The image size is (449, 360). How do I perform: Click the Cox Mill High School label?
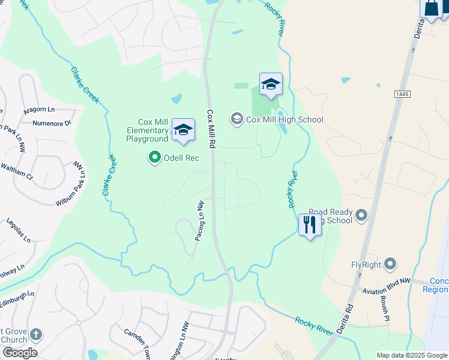[285, 119]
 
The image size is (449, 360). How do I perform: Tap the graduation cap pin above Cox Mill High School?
[271, 85]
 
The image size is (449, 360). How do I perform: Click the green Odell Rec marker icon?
[155, 158]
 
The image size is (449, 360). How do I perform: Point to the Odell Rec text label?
[181, 158]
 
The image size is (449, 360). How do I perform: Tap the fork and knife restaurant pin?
[310, 226]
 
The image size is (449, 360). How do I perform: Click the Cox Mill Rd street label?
[211, 130]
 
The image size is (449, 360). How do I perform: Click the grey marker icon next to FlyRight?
[390, 264]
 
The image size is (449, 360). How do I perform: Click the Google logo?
[20, 353]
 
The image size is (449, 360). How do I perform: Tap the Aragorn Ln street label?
[40, 110]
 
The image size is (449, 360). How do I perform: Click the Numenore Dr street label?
[52, 124]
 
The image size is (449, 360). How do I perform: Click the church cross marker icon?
[36, 335]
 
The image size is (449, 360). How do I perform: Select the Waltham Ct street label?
[16, 171]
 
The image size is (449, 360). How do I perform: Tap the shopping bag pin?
[432, 9]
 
